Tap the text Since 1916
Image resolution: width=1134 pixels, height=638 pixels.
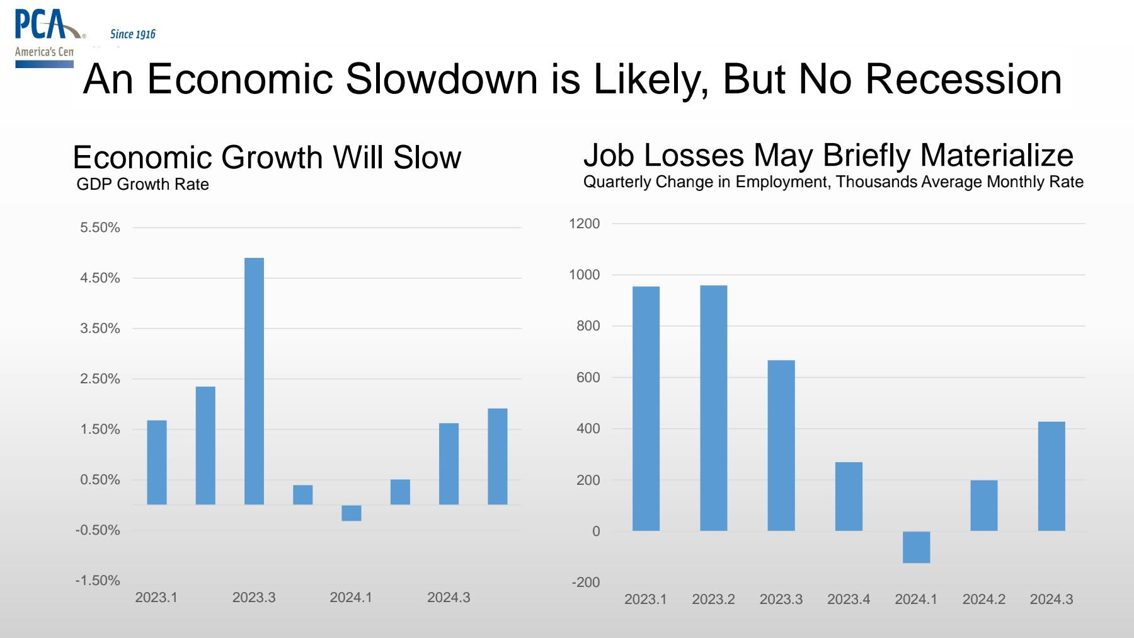tap(132, 34)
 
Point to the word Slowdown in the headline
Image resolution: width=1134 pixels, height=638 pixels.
tap(441, 79)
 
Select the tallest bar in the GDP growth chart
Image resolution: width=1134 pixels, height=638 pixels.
tap(254, 381)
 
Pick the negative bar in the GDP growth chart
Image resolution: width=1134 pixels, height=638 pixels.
tap(352, 513)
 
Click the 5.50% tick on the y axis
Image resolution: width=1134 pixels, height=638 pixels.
tap(100, 228)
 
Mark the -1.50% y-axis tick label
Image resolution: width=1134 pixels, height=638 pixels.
tap(98, 581)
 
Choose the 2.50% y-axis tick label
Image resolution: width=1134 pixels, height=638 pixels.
tap(100, 379)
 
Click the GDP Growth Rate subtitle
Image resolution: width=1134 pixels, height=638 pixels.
tap(142, 185)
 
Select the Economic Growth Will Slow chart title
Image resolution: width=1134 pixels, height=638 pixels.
tap(267, 158)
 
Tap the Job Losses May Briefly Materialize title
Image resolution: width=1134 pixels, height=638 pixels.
tap(828, 155)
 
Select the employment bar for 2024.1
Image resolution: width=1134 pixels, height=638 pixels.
tap(916, 547)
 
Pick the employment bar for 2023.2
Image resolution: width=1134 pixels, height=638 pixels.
tap(713, 408)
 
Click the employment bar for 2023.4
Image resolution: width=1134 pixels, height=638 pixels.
tap(849, 496)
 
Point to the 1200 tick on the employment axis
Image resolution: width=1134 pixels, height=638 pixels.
tap(584, 224)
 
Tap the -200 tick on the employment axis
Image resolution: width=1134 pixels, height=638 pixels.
tap(585, 583)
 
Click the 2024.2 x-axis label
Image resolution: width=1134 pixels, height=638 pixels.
tap(983, 600)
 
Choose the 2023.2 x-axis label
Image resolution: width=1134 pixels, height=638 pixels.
tap(713, 600)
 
